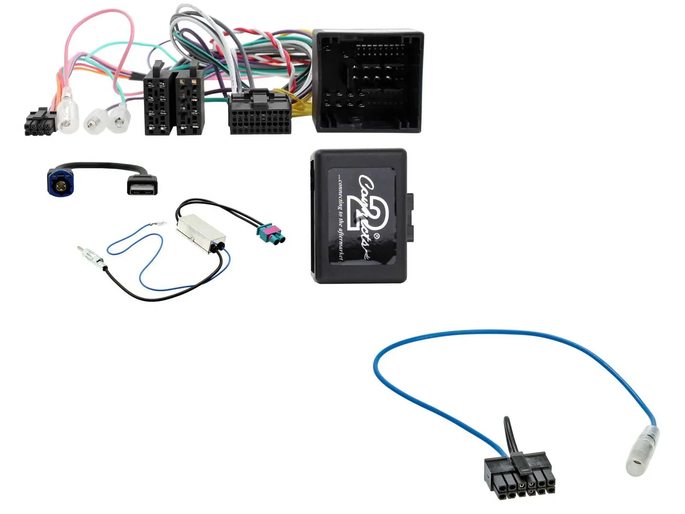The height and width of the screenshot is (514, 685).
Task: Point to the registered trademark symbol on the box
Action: pyautogui.click(x=377, y=236)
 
